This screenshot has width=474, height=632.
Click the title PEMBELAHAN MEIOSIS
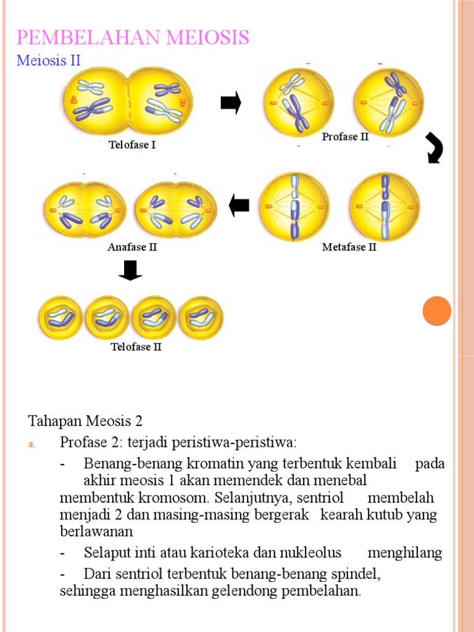click(133, 38)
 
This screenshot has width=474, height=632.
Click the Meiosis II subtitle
click(49, 60)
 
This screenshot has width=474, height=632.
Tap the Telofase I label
click(136, 146)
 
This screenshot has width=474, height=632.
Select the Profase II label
click(345, 137)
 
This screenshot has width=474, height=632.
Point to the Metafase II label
click(349, 247)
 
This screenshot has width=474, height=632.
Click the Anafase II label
click(133, 247)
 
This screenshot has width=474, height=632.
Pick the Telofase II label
click(136, 347)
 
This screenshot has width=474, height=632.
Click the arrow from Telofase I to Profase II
click(230, 102)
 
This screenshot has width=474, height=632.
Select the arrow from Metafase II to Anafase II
click(239, 206)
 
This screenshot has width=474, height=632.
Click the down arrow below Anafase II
click(130, 270)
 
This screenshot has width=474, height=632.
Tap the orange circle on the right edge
click(437, 310)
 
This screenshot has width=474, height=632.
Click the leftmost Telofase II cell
click(60, 318)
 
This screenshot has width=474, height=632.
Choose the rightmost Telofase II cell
click(201, 318)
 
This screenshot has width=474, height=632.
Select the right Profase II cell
click(389, 102)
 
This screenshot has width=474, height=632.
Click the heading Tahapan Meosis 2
click(85, 422)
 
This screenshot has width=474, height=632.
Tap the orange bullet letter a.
click(33, 444)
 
